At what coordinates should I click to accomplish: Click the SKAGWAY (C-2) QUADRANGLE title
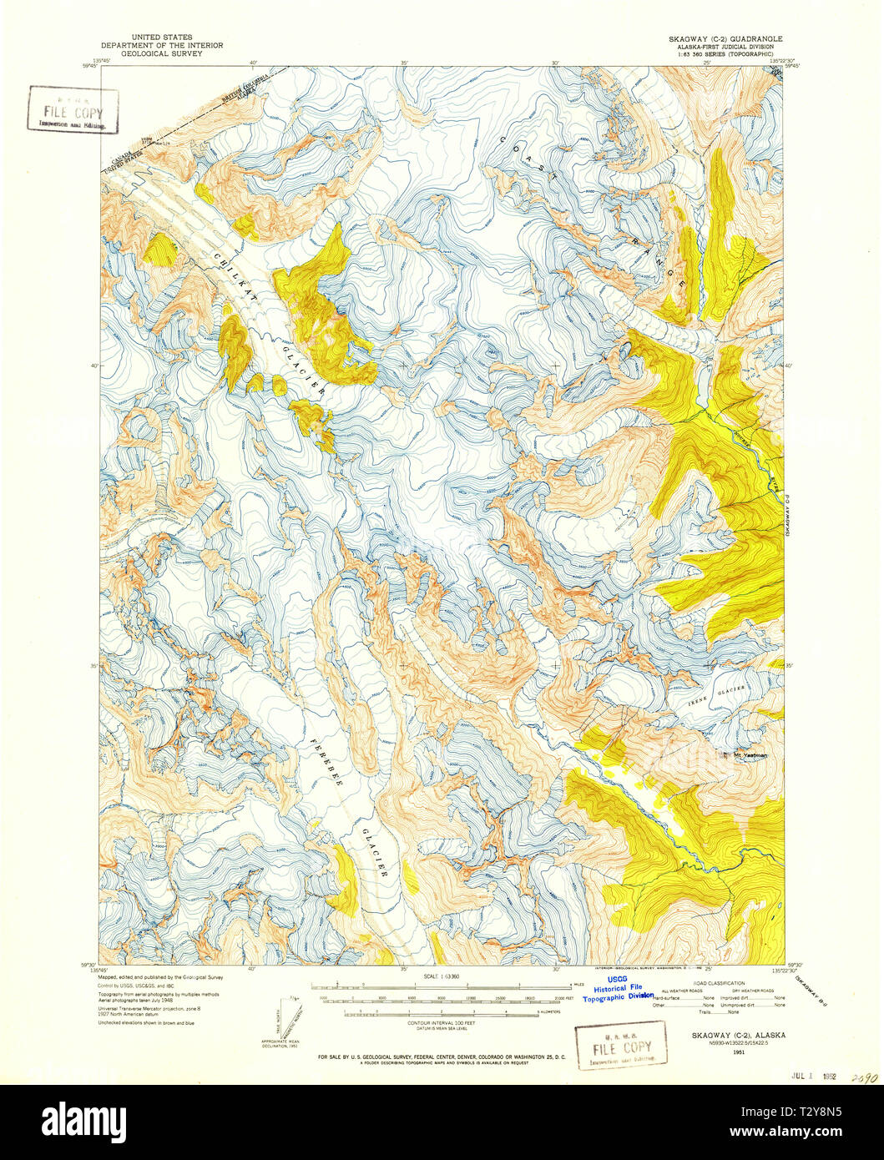tap(725, 38)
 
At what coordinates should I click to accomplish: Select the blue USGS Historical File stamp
tap(618, 987)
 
